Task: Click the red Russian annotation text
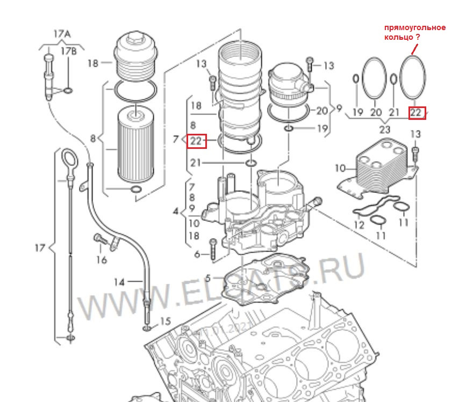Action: pyautogui.click(x=414, y=32)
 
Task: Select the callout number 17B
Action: pyautogui.click(x=68, y=51)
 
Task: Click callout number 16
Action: pyautogui.click(x=101, y=260)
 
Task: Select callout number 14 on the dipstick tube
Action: pyautogui.click(x=119, y=282)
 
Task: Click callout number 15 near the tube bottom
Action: pyautogui.click(x=165, y=321)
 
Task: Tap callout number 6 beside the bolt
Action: pyautogui.click(x=197, y=254)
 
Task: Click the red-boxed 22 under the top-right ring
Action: pyautogui.click(x=417, y=112)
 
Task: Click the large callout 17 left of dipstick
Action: pyautogui.click(x=39, y=248)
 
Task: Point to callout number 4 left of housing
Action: pyautogui.click(x=176, y=211)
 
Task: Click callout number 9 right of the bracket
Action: pyautogui.click(x=339, y=108)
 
